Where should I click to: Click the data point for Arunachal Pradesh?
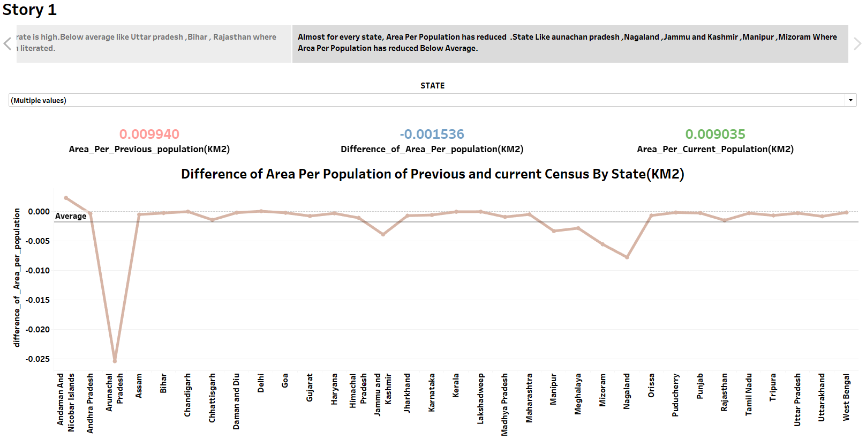tap(115, 361)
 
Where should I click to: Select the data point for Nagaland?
tap(627, 257)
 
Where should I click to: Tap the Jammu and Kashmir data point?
tap(383, 234)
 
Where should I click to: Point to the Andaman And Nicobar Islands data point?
tap(66, 198)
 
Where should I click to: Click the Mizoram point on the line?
tap(603, 244)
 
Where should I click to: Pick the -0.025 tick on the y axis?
tap(37, 359)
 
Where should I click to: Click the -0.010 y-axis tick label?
tap(37, 270)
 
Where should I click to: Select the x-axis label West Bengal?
tap(846, 397)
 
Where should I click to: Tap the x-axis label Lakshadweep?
tap(480, 399)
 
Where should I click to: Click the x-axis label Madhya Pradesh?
tap(504, 405)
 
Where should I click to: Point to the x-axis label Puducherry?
tap(675, 395)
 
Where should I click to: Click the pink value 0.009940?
tap(149, 134)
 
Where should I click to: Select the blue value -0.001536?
tap(432, 134)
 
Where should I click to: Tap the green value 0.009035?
tap(715, 134)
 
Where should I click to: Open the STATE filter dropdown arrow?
tap(850, 100)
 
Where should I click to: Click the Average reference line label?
tap(71, 216)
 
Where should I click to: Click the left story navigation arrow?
tap(7, 43)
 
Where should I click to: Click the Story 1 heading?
tap(29, 10)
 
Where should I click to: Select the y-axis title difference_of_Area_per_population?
tap(17, 277)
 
